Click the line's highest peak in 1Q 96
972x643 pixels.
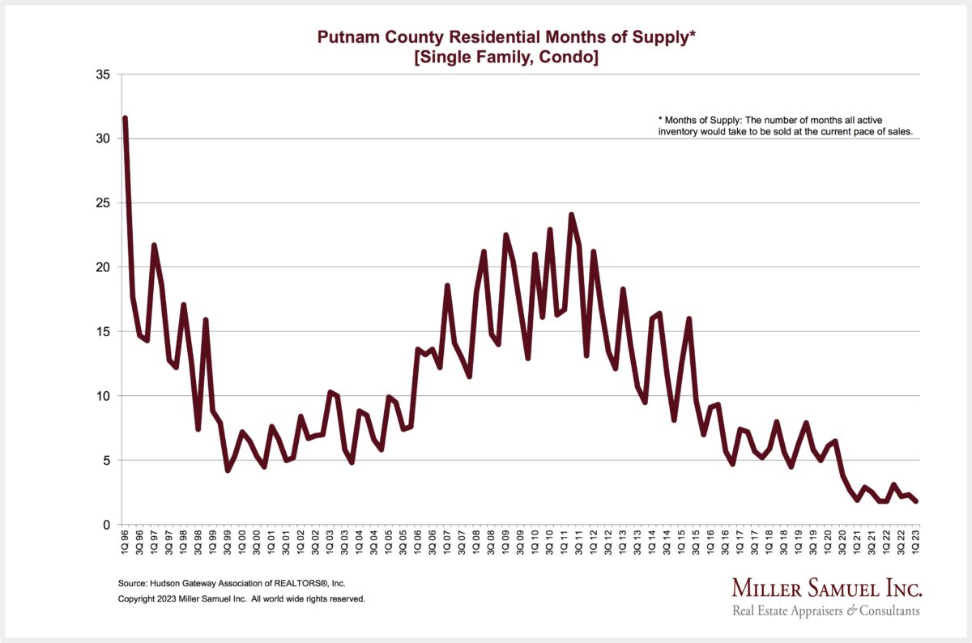click(125, 118)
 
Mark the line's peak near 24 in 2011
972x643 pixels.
click(571, 215)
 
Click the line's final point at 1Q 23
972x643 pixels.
click(916, 501)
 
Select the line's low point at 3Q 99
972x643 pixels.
click(228, 471)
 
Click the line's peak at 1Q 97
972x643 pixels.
click(154, 245)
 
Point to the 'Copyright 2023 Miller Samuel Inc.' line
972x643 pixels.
click(241, 599)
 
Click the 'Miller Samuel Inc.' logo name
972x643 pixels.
click(826, 587)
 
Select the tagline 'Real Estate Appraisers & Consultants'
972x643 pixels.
click(826, 611)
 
